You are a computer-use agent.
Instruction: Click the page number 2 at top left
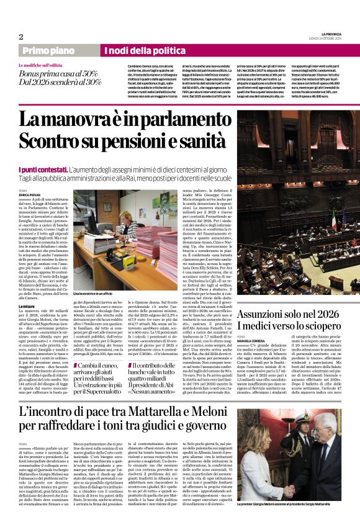20,37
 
